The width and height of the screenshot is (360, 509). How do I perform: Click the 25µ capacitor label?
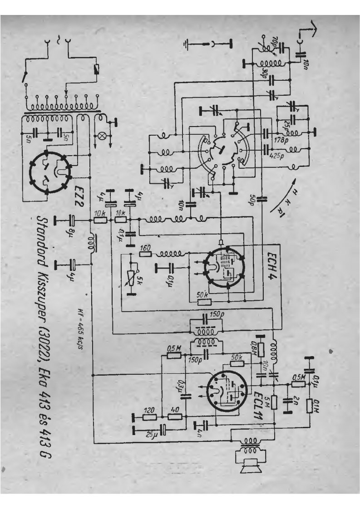pos(150,435)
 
